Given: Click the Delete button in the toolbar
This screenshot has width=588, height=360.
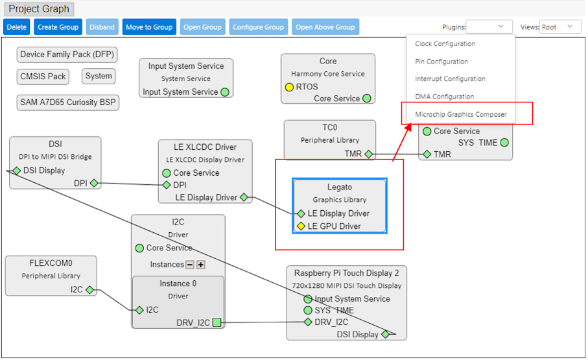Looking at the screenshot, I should point(17,27).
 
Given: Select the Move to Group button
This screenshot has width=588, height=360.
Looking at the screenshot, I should point(149,27).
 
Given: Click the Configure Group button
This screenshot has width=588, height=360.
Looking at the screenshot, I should point(258,27).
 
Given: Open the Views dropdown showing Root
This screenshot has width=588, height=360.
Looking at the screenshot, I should point(560,27).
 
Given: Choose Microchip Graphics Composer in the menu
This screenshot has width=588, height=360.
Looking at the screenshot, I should point(460,114).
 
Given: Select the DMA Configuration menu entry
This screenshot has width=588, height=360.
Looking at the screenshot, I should point(444,97).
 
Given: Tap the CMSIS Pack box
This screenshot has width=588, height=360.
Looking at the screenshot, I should point(43,77).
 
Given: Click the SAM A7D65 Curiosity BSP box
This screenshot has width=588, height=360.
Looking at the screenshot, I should point(68,102).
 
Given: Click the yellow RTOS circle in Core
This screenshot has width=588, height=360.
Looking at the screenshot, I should point(289,87).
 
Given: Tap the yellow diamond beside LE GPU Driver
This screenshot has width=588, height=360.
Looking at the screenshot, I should point(301,226).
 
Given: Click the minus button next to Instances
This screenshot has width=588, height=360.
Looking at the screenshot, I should point(190,265).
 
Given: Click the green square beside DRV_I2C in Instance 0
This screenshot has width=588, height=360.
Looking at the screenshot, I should point(217,323).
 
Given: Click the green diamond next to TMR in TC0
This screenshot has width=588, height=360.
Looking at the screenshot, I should point(368,154).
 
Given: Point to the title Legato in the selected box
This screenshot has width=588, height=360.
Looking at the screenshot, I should point(340,187).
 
